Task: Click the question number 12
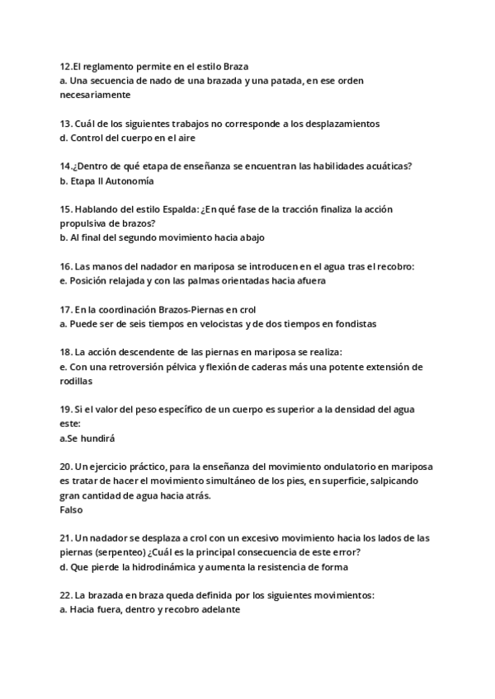click(x=66, y=66)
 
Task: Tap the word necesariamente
click(x=96, y=95)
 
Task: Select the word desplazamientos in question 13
click(x=338, y=124)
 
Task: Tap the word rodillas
click(x=76, y=382)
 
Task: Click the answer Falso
click(x=72, y=510)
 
